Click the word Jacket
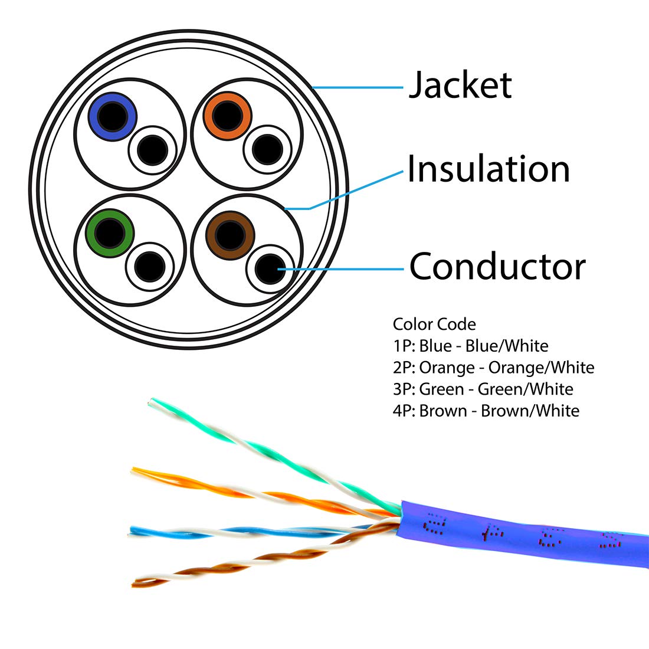460,86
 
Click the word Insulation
489,169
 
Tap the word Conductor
497,267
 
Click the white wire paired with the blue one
153,150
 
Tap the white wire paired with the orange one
268,149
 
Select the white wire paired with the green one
150,267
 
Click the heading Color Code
434,324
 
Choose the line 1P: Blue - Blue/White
470,346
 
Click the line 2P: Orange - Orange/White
493,368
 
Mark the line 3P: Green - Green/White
483,389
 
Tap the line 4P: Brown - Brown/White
486,411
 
